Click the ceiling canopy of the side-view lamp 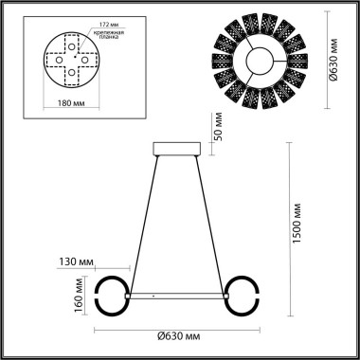177,148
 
